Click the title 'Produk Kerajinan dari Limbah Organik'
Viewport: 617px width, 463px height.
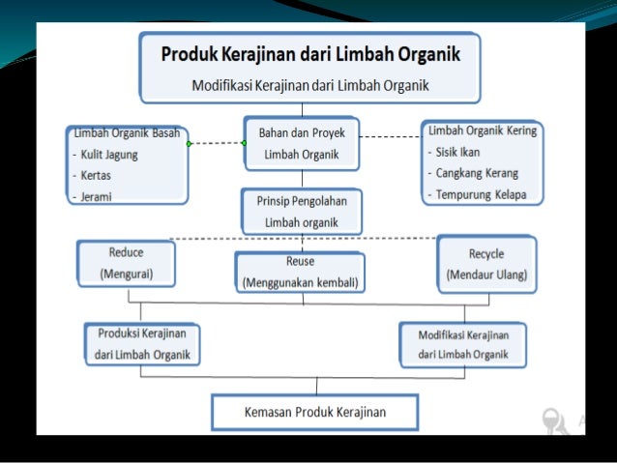[309, 52]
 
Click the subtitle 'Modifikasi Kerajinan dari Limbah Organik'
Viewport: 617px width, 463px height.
[309, 84]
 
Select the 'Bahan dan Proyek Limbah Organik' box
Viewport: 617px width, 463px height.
[302, 143]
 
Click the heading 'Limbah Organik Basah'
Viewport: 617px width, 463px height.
[127, 133]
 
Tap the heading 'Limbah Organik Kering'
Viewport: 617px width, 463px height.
[483, 130]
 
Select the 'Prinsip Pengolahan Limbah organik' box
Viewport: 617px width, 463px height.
[302, 211]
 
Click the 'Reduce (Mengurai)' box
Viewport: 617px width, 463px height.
[126, 262]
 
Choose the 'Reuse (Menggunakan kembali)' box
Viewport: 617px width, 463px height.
[301, 272]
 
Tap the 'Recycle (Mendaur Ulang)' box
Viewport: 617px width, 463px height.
[486, 263]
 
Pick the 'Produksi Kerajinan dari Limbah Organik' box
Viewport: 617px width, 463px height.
[142, 342]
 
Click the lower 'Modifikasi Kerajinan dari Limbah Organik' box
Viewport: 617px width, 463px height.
[463, 343]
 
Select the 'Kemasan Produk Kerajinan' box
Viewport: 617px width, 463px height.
[315, 412]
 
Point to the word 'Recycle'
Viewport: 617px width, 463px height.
[486, 253]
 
